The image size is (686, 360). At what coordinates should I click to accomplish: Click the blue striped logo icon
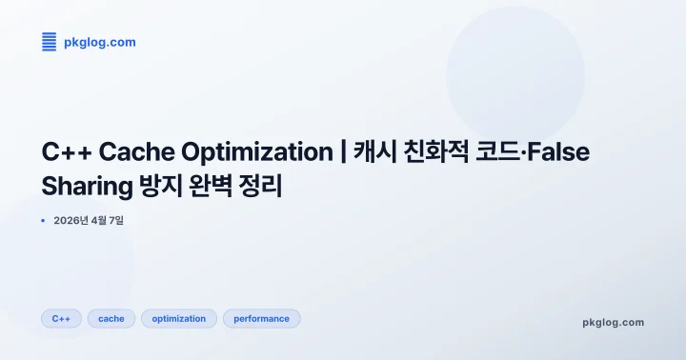point(50,41)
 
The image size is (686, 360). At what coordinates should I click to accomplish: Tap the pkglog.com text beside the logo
point(99,42)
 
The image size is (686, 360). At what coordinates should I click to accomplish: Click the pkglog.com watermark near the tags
point(613,322)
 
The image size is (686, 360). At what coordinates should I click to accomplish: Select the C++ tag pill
point(61,318)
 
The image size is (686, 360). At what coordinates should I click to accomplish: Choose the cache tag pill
point(111,318)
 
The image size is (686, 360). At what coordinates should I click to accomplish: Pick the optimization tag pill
point(179,318)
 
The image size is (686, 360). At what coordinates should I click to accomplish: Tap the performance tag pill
point(261,318)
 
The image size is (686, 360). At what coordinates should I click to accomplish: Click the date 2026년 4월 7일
point(89,220)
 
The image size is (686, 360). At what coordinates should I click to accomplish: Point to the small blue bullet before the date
point(43,220)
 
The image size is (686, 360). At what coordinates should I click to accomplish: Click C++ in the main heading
point(66,152)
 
